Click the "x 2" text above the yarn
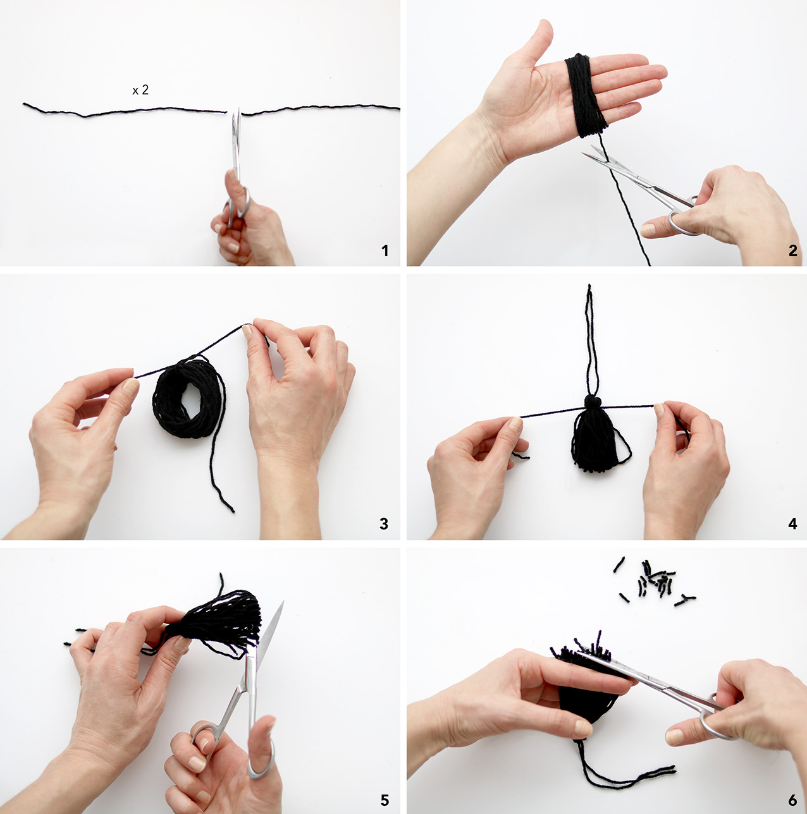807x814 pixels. click(x=140, y=90)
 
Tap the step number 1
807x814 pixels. click(x=385, y=251)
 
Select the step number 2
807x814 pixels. click(x=792, y=251)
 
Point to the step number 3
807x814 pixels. click(x=384, y=524)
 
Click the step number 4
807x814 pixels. click(x=792, y=524)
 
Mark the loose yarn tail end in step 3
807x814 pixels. click(x=233, y=511)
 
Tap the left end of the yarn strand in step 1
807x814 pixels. click(x=24, y=104)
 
